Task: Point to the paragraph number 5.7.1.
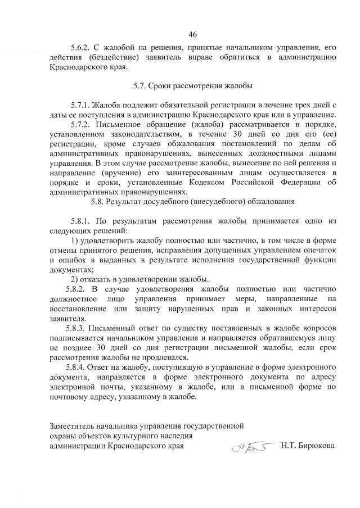coord(82,105)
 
